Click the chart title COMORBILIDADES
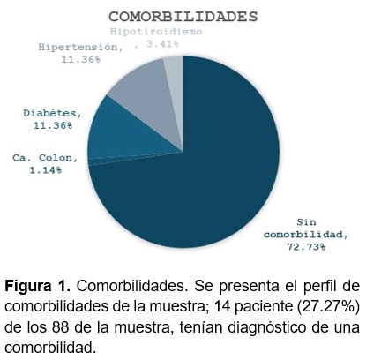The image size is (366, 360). pos(183,17)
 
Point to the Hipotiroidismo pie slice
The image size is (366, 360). pos(176,77)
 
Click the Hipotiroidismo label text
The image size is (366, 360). pos(156,32)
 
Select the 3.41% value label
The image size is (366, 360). pos(162,44)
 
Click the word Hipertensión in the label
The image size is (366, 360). pos(80,47)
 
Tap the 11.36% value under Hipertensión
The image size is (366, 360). pos(81,59)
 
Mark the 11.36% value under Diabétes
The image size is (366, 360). pos(53,125)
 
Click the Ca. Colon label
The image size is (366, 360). pos(45,158)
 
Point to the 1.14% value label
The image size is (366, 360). pos(46,170)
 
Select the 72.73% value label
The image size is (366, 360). pos(306,247)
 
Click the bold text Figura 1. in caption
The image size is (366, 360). pos(38,286)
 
